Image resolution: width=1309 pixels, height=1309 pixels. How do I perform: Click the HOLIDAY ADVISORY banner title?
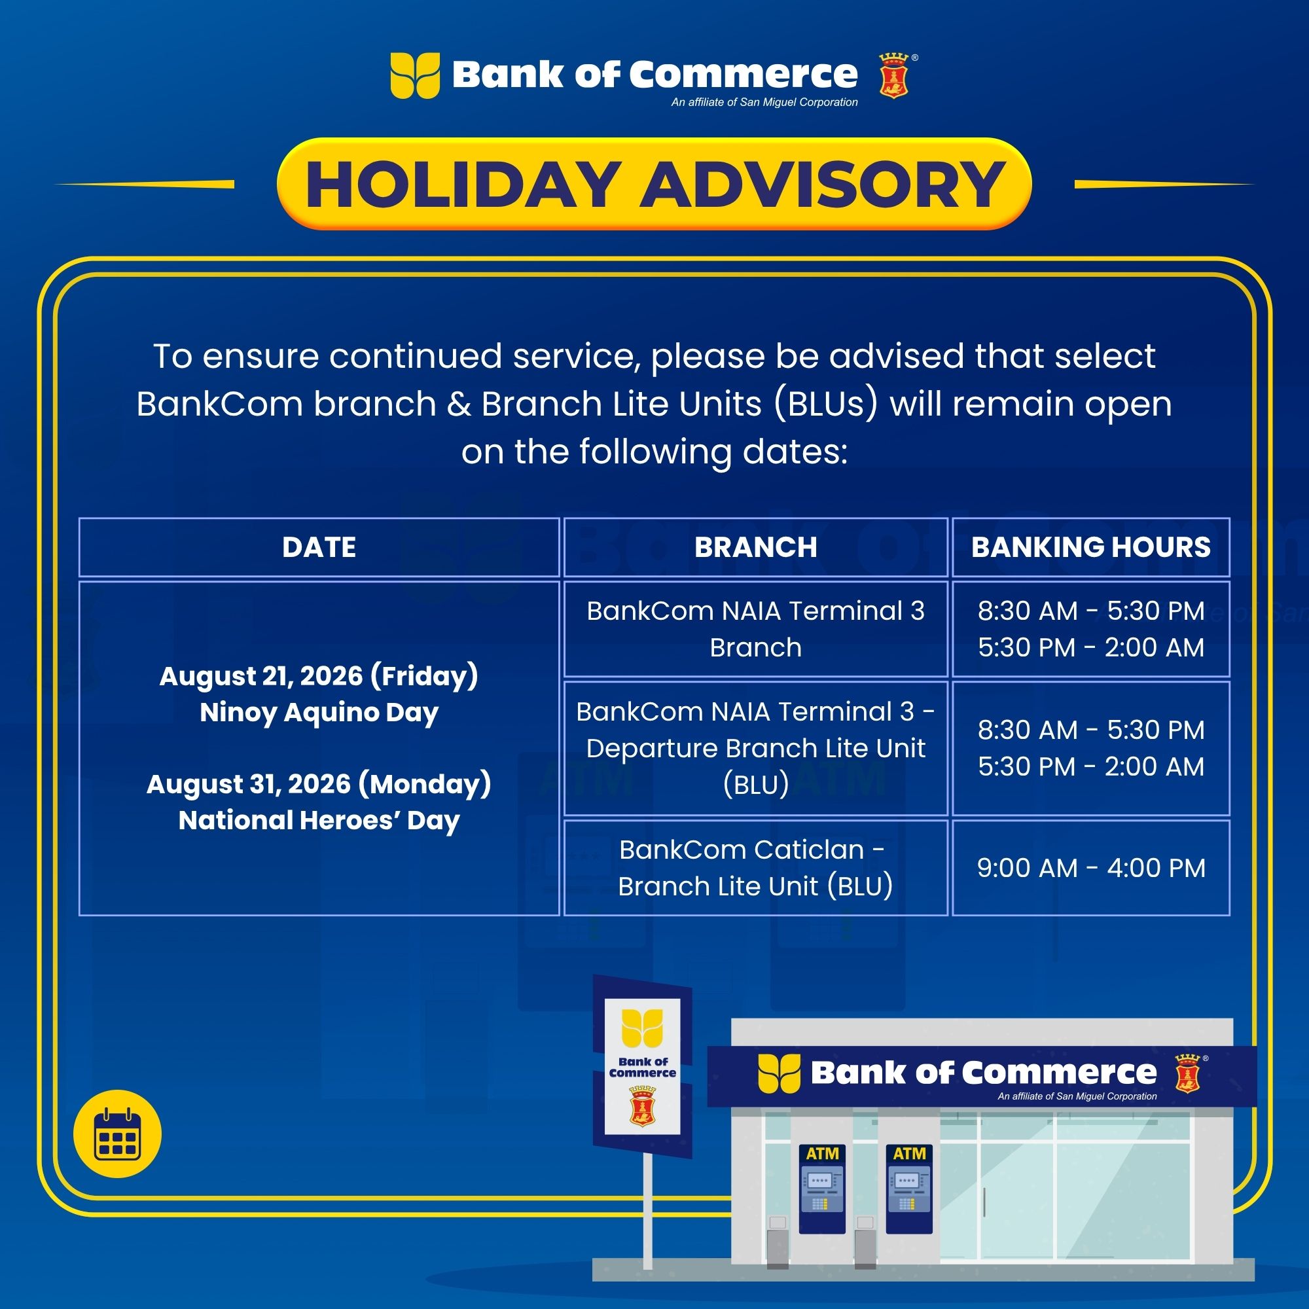(x=654, y=185)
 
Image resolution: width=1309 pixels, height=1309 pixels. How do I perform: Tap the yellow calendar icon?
(x=117, y=1134)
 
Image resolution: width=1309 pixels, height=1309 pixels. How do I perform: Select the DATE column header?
(x=319, y=547)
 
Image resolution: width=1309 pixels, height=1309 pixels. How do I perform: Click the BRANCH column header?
(x=755, y=547)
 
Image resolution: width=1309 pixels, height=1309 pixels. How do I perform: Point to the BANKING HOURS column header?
(x=1091, y=547)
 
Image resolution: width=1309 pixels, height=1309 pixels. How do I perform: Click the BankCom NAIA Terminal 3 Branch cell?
(x=755, y=629)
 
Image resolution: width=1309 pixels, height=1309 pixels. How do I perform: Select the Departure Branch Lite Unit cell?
(x=755, y=748)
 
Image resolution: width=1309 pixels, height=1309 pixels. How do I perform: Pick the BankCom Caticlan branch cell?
(x=755, y=868)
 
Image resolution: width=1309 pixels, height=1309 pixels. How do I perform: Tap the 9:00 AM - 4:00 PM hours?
(x=1091, y=868)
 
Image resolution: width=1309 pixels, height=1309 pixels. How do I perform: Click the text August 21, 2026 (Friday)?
(x=319, y=676)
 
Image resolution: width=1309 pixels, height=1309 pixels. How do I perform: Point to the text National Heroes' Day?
(x=319, y=821)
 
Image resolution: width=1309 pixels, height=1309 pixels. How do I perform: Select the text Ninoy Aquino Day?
(x=319, y=713)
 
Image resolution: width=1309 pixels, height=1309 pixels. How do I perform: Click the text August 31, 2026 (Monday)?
(x=319, y=785)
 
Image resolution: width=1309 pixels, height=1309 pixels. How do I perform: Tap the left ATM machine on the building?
(x=822, y=1189)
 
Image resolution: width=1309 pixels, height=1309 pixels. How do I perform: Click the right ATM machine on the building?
(x=909, y=1189)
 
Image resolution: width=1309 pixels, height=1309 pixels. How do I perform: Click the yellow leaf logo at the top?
(x=415, y=76)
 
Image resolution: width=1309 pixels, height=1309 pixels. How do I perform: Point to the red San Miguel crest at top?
(x=893, y=77)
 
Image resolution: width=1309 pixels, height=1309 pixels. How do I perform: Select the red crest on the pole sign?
(x=641, y=1105)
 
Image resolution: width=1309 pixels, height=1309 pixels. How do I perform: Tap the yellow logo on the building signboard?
(x=779, y=1073)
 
